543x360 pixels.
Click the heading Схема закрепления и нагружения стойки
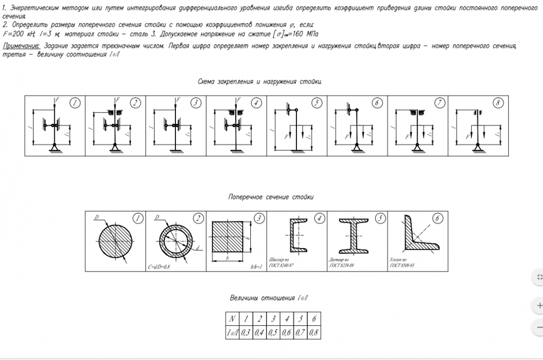[260, 81]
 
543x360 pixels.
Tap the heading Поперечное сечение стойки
[271, 197]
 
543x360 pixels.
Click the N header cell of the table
[232, 319]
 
